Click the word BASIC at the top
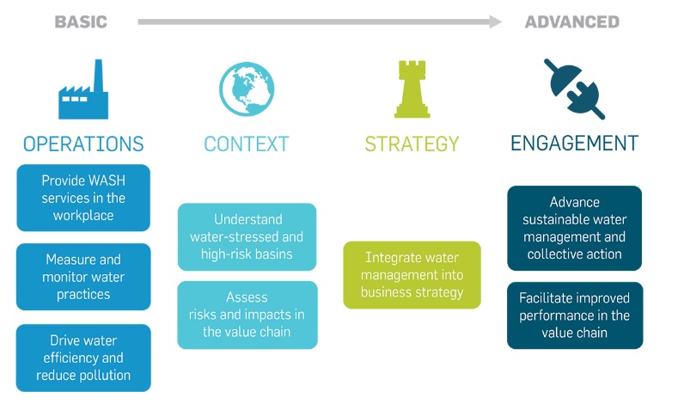pyautogui.click(x=81, y=22)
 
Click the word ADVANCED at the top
pyautogui.click(x=572, y=22)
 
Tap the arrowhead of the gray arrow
pyautogui.click(x=496, y=21)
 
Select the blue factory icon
pyautogui.click(x=83, y=89)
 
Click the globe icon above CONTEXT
pyautogui.click(x=247, y=89)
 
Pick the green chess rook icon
pyautogui.click(x=412, y=89)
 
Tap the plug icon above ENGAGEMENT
pyautogui.click(x=574, y=89)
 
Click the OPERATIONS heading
pyautogui.click(x=83, y=144)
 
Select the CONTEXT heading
pyautogui.click(x=247, y=144)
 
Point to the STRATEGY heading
pyautogui.click(x=412, y=144)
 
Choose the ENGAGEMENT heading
pyautogui.click(x=574, y=144)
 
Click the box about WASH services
pyautogui.click(x=83, y=198)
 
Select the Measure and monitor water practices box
pyautogui.click(x=83, y=277)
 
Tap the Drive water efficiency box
pyautogui.click(x=83, y=358)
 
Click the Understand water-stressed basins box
pyautogui.click(x=247, y=237)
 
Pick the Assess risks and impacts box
pyautogui.click(x=247, y=315)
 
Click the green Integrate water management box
pyautogui.click(x=412, y=275)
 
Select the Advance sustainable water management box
pyautogui.click(x=575, y=228)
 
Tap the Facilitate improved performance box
pyautogui.click(x=575, y=315)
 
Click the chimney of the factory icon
pyautogui.click(x=99, y=76)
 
